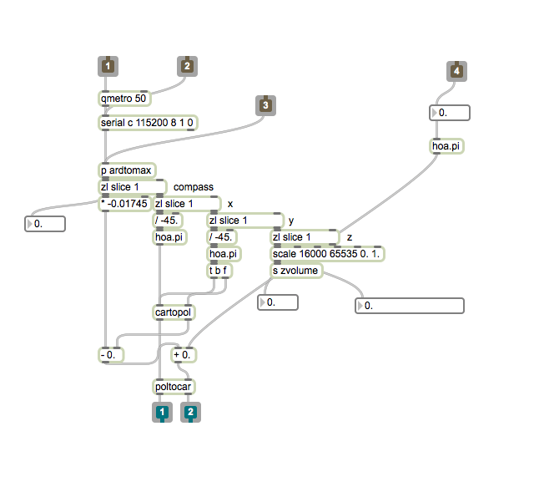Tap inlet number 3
[x=265, y=105]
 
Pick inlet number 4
[x=456, y=72]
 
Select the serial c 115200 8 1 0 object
[x=147, y=123]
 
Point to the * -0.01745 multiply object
[x=124, y=204]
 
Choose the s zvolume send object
[x=296, y=271]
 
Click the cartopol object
[x=173, y=312]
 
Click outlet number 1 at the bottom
[x=161, y=412]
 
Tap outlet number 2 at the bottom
[x=190, y=412]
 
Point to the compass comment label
[x=193, y=186]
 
